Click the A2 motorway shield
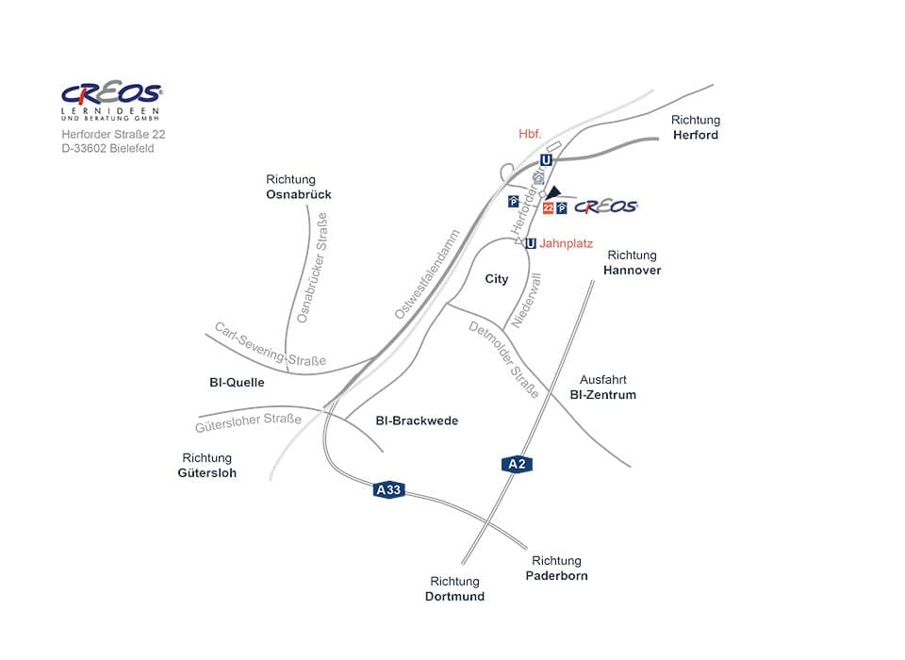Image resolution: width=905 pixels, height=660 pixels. (517, 463)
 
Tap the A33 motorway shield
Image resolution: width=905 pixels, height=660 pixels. (388, 489)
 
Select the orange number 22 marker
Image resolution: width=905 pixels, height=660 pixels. (548, 207)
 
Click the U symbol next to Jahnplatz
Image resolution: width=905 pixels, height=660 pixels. (531, 243)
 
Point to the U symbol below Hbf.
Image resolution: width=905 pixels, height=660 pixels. (546, 160)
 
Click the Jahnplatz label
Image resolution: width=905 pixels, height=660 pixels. (566, 243)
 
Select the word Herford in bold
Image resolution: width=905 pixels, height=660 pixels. (696, 135)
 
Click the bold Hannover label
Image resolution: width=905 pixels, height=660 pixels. (632, 271)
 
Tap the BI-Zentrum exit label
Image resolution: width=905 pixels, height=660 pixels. (603, 395)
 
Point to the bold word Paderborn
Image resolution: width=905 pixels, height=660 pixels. (556, 575)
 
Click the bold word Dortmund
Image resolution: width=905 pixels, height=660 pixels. (454, 596)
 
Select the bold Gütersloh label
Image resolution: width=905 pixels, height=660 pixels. (207, 472)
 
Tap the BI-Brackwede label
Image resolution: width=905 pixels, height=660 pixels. (416, 421)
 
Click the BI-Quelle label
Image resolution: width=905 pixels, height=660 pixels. (237, 383)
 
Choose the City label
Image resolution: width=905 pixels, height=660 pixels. (497, 279)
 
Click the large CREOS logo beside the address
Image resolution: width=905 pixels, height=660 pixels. (111, 93)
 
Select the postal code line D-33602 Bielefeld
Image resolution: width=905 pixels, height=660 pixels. (107, 149)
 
